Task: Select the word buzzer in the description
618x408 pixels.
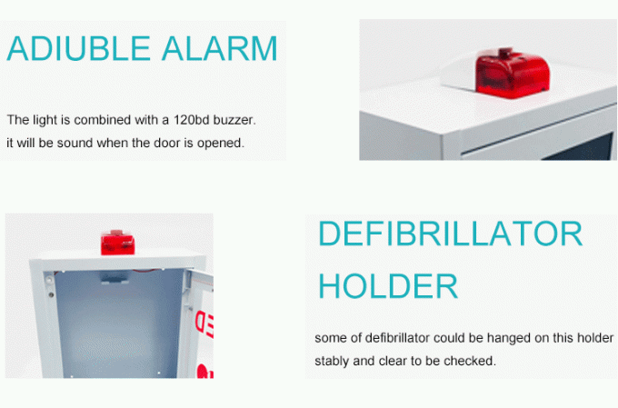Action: click(x=235, y=120)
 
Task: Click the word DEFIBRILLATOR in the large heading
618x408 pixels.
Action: click(x=450, y=234)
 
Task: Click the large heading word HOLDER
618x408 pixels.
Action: click(x=388, y=286)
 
